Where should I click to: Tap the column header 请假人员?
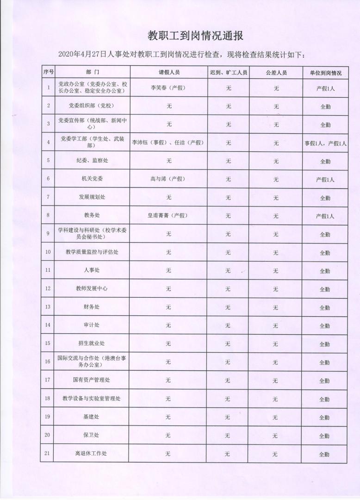pos(168,73)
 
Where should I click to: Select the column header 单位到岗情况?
pos(325,73)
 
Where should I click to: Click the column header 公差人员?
pos(276,73)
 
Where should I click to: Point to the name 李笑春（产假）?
pos(168,87)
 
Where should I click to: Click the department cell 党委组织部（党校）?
pos(91,106)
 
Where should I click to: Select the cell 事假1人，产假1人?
pos(325,144)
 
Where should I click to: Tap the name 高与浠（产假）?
pos(168,179)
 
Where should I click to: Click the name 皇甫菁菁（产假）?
pos(168,216)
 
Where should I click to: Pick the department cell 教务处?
pos(92,216)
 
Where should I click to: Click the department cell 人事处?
pos(92,270)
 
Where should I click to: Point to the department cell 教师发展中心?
pos(92,288)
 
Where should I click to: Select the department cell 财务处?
pos(92,307)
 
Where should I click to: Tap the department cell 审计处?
pos(92,325)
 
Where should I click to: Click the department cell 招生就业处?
pos(92,344)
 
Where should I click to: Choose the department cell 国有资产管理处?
pos(92,380)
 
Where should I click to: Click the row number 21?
pos(47,453)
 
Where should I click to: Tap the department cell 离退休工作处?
pos(91,453)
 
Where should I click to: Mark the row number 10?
pos(48,252)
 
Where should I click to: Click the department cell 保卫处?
pos(91,435)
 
